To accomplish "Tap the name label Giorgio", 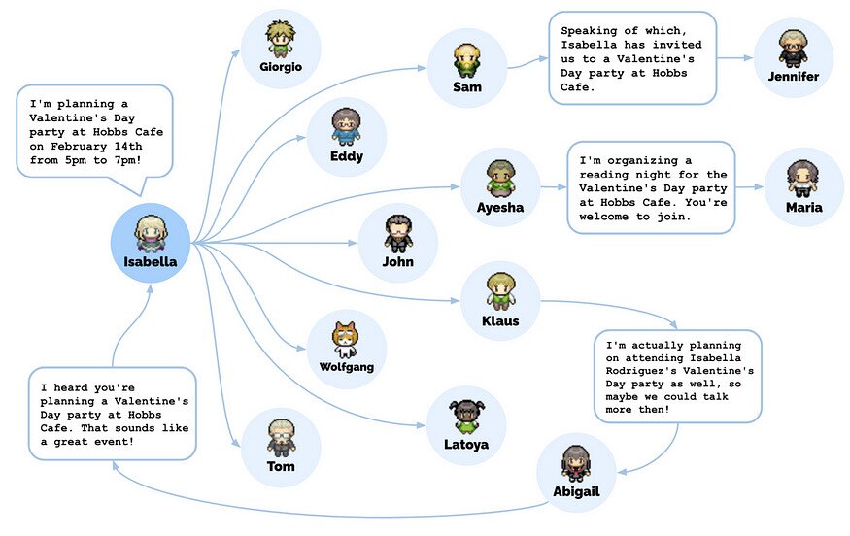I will click(281, 67).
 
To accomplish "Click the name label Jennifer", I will click(793, 77).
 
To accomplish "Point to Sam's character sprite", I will click(466, 60).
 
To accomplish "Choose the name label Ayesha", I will click(499, 208).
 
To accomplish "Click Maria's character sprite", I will click(804, 179).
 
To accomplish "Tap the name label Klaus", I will click(500, 320).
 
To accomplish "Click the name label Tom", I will click(280, 466).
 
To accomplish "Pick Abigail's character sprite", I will click(576, 462).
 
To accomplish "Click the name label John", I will click(397, 261).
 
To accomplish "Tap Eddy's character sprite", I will click(346, 126).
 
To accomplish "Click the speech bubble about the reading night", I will click(651, 187).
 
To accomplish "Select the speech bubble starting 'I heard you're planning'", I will click(113, 413).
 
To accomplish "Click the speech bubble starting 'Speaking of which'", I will click(631, 57).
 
